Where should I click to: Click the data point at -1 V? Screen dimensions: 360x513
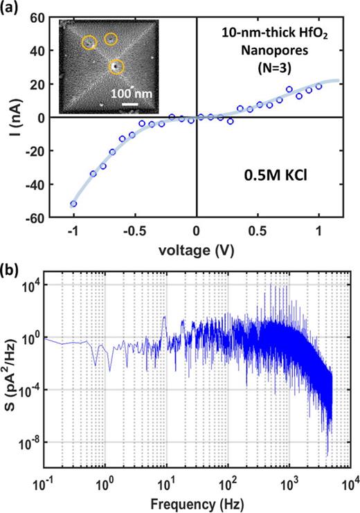73,204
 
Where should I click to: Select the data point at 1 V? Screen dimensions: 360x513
318,87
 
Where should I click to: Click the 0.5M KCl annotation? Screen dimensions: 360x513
276,176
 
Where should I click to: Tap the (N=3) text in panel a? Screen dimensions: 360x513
275,69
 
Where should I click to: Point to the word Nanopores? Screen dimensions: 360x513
275,51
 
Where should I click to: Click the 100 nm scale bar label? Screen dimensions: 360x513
132,94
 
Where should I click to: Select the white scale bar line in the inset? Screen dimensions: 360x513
130,105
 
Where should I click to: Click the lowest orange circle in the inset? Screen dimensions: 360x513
116,66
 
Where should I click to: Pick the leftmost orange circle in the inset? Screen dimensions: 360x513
89,42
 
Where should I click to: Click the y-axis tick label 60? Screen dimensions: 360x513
37,17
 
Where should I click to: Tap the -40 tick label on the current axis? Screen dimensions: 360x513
34,185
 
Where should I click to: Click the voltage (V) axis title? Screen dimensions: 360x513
197,251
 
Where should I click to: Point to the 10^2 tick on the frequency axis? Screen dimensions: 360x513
228,485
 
